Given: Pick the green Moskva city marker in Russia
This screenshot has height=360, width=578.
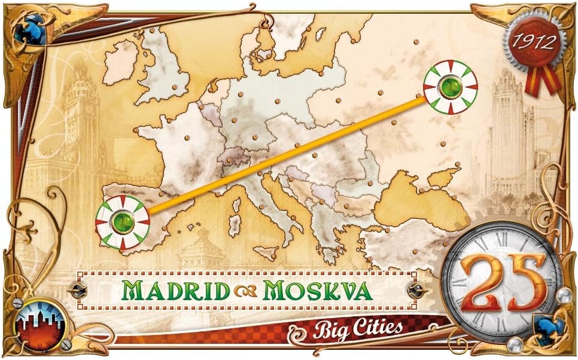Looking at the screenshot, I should coord(451,87).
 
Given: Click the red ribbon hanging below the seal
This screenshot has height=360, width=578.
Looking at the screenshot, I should coord(542,81).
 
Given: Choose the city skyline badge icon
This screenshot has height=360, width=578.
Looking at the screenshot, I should coord(41,325).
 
